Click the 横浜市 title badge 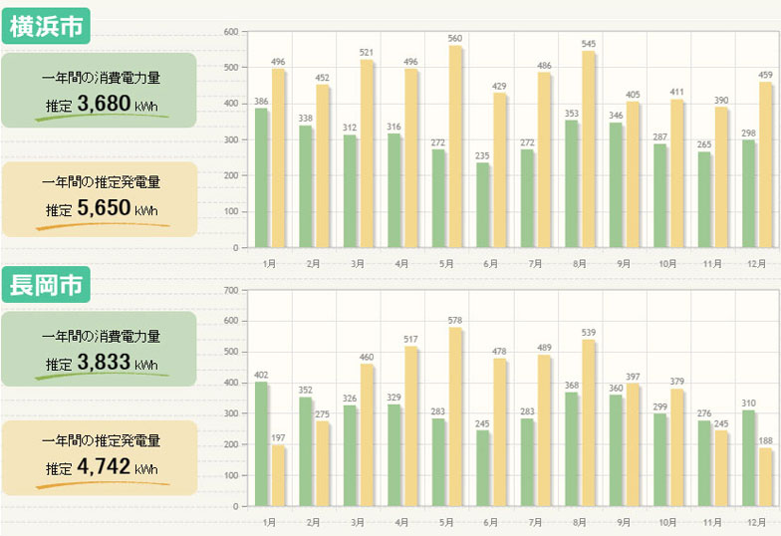point(47,27)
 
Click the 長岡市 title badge point(47,285)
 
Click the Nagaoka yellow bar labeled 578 point(454,416)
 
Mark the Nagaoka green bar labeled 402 point(261,443)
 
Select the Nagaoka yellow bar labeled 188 point(764,477)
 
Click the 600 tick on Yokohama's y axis point(230,32)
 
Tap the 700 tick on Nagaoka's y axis point(230,291)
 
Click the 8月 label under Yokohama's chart point(580,264)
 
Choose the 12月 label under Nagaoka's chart point(755,522)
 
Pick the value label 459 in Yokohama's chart point(765,75)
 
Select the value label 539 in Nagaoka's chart point(589,333)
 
